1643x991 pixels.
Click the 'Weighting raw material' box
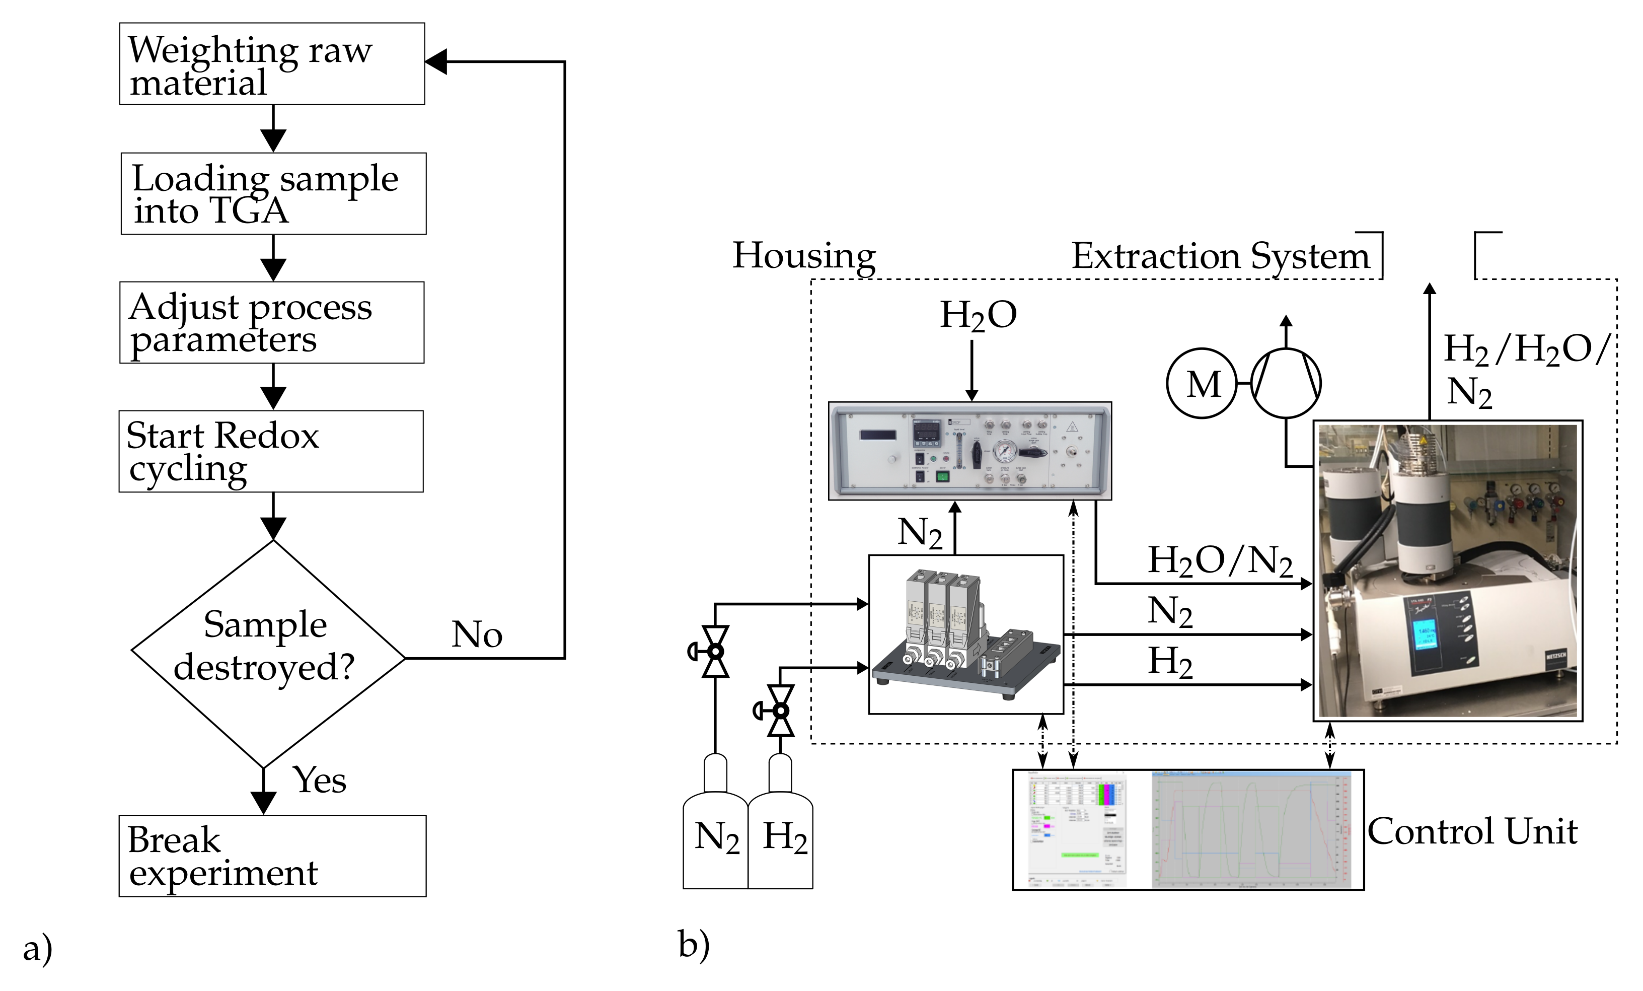(x=272, y=64)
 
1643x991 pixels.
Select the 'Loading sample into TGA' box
(x=273, y=193)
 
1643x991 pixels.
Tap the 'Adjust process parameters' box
(x=272, y=322)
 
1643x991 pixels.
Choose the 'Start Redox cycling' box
(x=271, y=452)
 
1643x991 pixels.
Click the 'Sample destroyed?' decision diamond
(x=268, y=654)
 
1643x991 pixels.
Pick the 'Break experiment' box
(x=272, y=856)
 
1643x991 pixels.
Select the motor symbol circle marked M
(x=1202, y=384)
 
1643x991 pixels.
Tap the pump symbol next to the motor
(x=1286, y=384)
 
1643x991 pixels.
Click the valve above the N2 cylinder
(x=715, y=651)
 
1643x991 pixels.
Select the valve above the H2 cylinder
(x=780, y=711)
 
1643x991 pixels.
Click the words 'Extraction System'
(x=1220, y=255)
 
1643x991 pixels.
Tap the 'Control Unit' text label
(x=1472, y=831)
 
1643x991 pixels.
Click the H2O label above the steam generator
(x=978, y=315)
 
